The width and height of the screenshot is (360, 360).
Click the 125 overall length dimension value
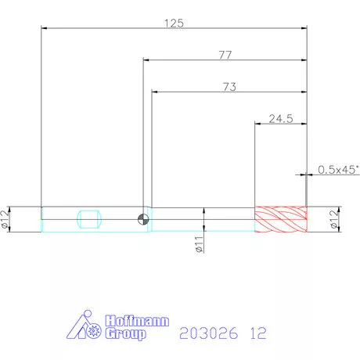coord(174,23)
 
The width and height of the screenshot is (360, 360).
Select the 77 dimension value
coord(225,55)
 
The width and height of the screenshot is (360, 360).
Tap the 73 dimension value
coord(229,87)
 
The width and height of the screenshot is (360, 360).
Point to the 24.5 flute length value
coord(281,119)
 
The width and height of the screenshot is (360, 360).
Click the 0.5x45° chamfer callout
coord(338,170)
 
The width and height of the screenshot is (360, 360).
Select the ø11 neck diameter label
coord(199,244)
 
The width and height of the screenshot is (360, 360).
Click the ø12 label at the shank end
coord(5,219)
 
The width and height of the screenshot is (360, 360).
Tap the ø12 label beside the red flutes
coord(334,219)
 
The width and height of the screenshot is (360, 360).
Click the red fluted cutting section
coord(281,219)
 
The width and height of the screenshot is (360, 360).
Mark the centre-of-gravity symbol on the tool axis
coord(143,219)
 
